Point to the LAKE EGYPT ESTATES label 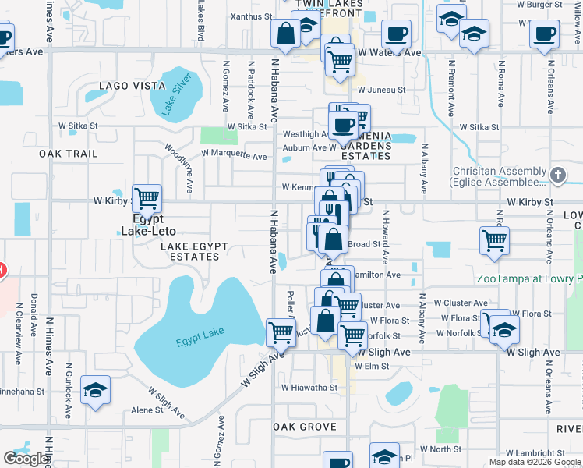(x=194, y=251)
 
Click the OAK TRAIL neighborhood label (x=69, y=154)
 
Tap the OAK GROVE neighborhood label (x=305, y=427)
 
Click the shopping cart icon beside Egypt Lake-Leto (x=147, y=198)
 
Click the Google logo (x=26, y=459)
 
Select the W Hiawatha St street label (x=309, y=387)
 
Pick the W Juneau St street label (x=382, y=90)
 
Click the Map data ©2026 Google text (x=534, y=463)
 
